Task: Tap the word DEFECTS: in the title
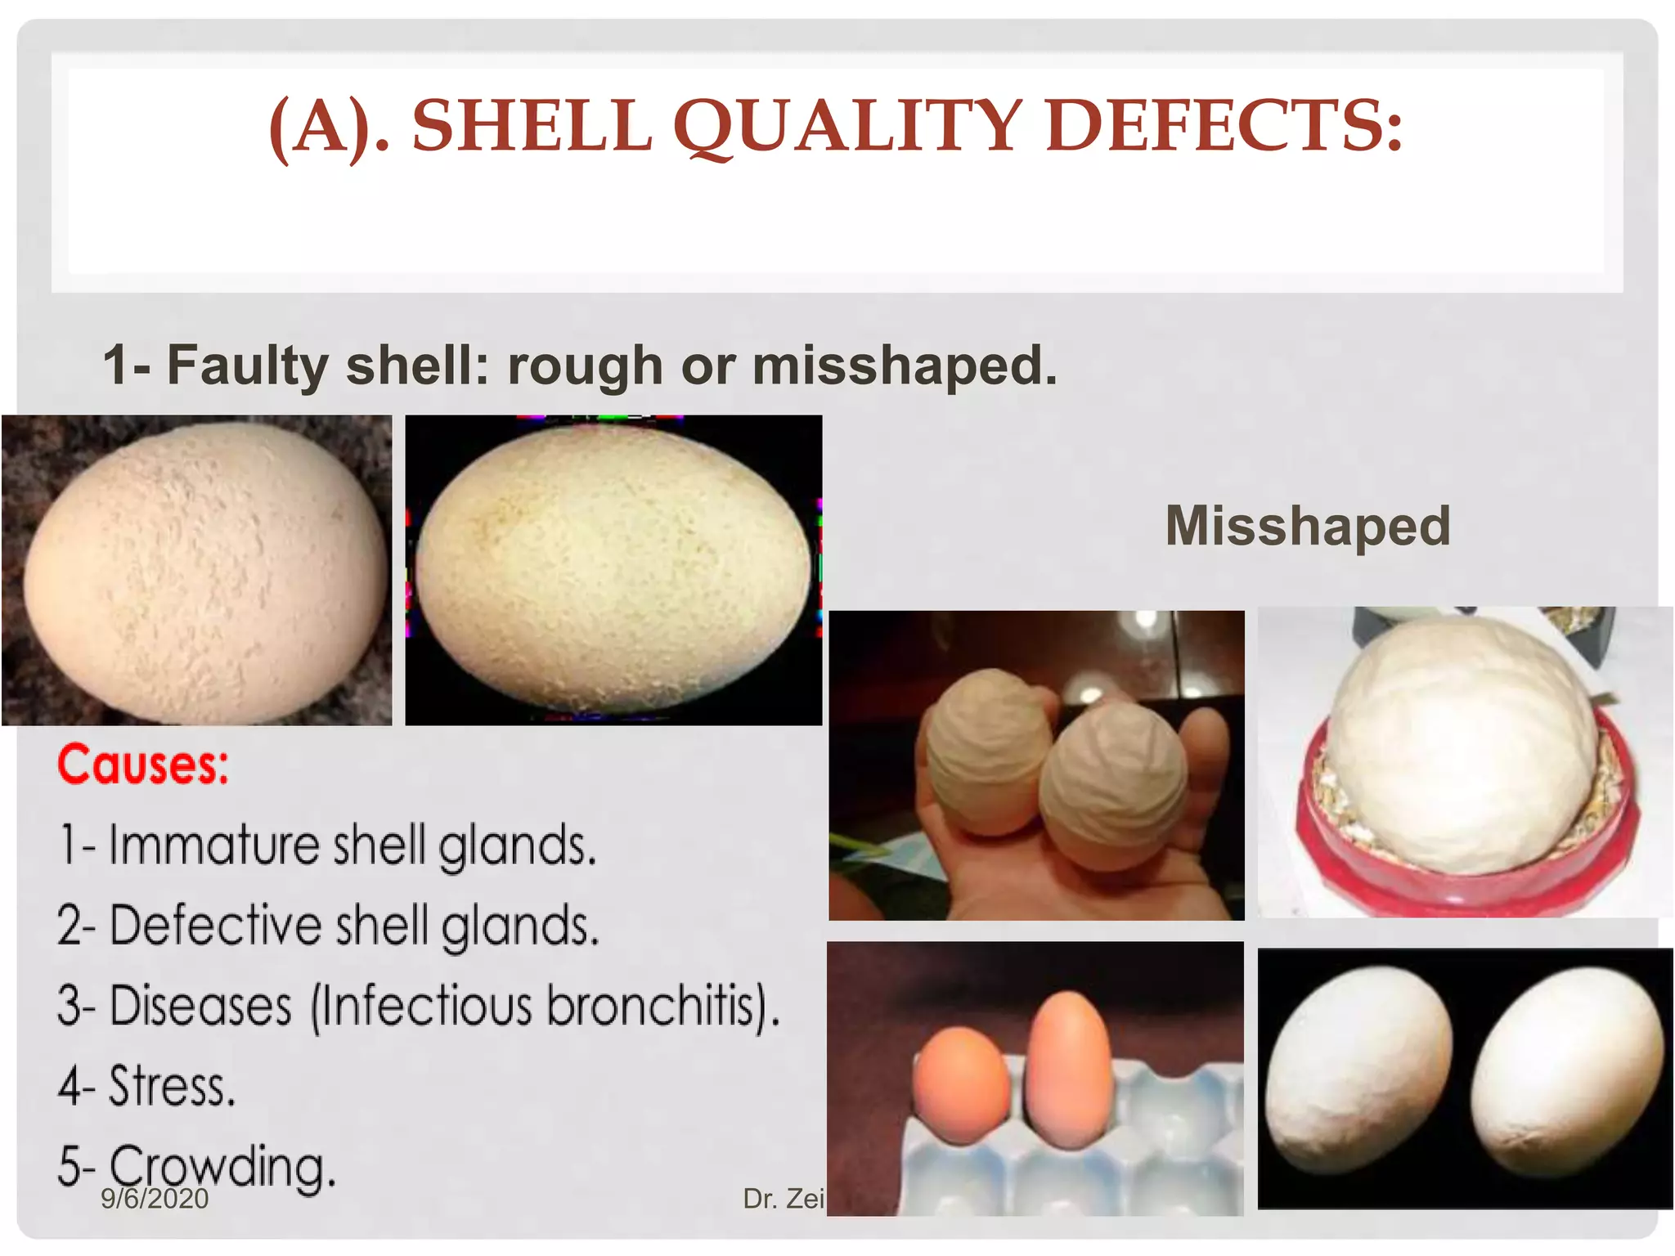(1224, 127)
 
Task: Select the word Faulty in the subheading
(247, 365)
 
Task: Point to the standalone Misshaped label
(1308, 526)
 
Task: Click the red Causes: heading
(143, 765)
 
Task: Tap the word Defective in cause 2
(214, 926)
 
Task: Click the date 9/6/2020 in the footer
(155, 1199)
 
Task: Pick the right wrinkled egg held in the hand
(1116, 785)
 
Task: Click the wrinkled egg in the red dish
(1464, 740)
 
